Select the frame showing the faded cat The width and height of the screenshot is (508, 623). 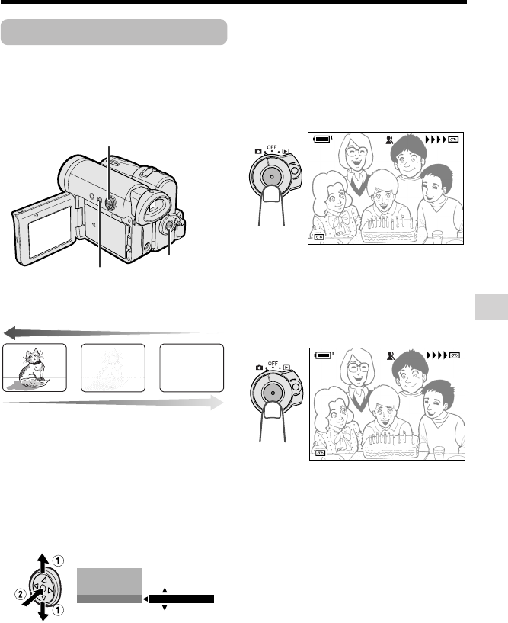(113, 368)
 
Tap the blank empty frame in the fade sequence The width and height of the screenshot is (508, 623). (192, 368)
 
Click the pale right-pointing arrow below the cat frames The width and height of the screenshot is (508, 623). (113, 403)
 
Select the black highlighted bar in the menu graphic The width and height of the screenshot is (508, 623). (181, 599)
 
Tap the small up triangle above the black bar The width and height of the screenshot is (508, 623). (165, 590)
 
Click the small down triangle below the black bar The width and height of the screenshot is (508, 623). (165, 608)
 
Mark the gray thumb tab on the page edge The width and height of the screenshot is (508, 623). (491, 307)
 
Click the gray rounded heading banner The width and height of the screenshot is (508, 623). (114, 32)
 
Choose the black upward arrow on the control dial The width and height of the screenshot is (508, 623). (43, 564)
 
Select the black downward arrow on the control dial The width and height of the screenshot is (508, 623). (43, 611)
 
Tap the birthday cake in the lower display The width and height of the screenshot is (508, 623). (391, 446)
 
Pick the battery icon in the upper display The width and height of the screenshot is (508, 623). (323, 139)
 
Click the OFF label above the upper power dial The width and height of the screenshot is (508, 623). (272, 147)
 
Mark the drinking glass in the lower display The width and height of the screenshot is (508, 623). (439, 453)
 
